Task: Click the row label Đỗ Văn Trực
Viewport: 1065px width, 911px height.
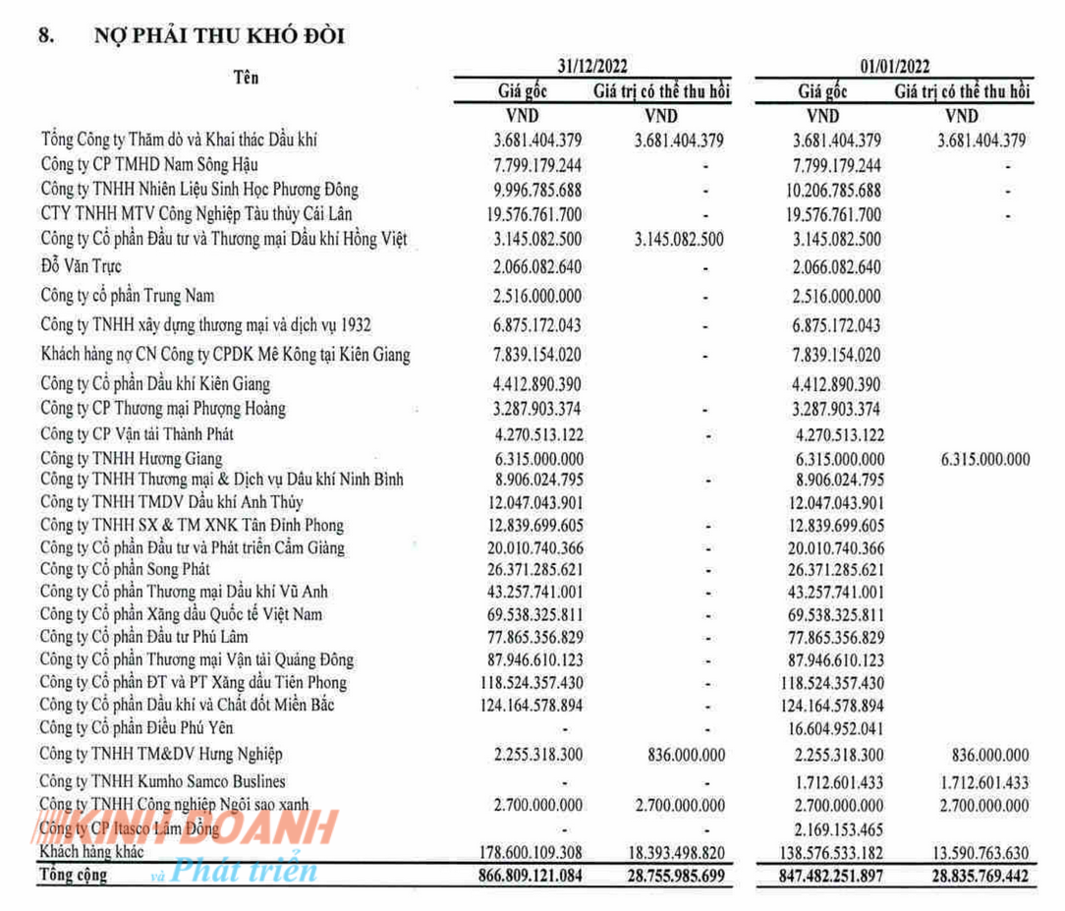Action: click(x=82, y=266)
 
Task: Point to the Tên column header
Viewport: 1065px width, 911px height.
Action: click(x=246, y=78)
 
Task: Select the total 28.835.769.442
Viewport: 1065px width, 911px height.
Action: click(x=965, y=875)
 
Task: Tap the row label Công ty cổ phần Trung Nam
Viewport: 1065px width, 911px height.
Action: click(x=127, y=296)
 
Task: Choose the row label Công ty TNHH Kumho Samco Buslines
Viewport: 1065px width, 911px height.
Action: click(x=163, y=781)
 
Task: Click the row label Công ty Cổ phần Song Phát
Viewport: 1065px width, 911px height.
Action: click(x=125, y=569)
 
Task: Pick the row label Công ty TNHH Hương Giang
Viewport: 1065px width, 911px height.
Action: click(x=131, y=458)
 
